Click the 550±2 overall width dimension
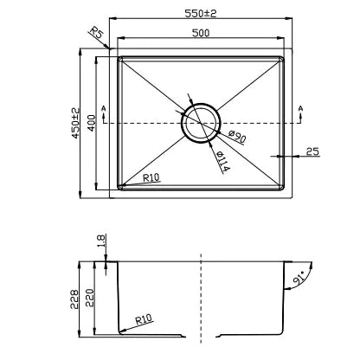point(201,13)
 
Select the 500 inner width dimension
point(201,33)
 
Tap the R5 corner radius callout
point(97,32)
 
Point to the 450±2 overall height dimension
point(75,123)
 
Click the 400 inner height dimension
point(91,123)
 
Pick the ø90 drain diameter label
point(237,137)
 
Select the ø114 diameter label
point(222,161)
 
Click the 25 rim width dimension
point(312,151)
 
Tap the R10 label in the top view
point(151,177)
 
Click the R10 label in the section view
point(144,319)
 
